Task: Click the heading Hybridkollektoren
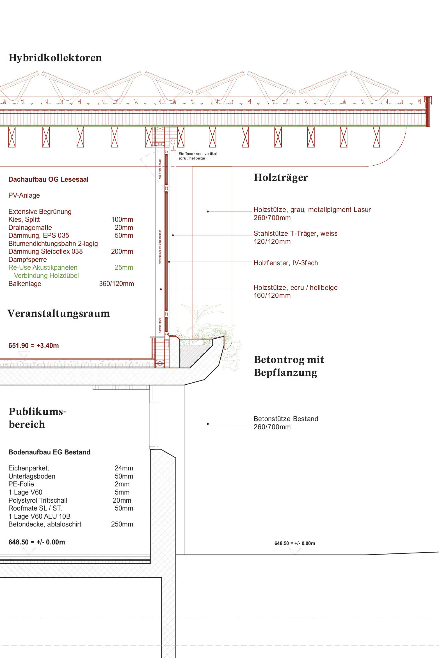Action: click(55, 58)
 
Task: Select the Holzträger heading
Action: click(281, 177)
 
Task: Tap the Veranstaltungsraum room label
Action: click(59, 313)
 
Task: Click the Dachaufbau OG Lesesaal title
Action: click(48, 179)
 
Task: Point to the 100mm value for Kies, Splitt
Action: click(122, 220)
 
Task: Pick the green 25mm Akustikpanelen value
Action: click(124, 267)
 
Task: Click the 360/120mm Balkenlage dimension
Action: click(116, 284)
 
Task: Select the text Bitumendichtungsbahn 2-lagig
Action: click(53, 244)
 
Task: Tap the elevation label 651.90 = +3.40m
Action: click(34, 346)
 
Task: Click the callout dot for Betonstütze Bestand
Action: click(208, 424)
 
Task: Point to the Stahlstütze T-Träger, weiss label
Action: click(296, 234)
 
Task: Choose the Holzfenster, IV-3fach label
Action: click(286, 263)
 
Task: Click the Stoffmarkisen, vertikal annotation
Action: click(198, 154)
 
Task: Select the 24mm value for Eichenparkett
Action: click(124, 468)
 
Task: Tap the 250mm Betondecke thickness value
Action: click(122, 524)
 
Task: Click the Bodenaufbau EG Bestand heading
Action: click(49, 452)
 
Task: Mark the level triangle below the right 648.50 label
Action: click(295, 551)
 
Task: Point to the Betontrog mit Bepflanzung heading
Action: click(289, 366)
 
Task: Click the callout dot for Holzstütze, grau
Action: click(208, 211)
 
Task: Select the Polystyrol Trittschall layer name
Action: click(38, 500)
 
